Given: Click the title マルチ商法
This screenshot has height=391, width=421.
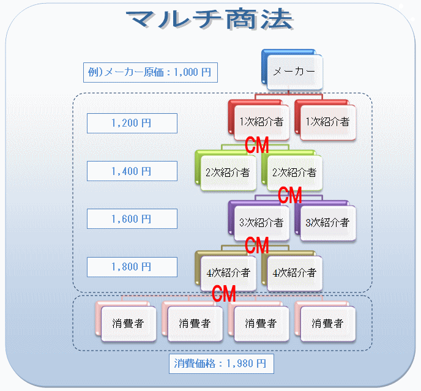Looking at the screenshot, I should (210, 20).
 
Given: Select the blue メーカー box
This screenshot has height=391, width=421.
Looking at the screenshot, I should (294, 72).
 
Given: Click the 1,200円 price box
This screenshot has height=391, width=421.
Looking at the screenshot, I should (132, 123).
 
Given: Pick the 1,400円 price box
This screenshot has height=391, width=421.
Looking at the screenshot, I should (132, 171).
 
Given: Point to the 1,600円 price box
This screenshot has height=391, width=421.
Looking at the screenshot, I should (132, 219).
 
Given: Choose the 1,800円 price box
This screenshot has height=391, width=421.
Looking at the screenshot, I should (132, 267).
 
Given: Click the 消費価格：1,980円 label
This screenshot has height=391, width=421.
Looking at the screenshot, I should (220, 363).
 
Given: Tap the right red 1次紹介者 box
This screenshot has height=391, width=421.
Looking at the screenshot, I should (327, 122).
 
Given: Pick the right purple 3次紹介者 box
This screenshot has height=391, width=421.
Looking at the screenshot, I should (327, 222).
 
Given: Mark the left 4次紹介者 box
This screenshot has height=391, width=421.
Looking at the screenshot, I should (227, 272).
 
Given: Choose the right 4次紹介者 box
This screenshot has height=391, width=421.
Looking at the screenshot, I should (294, 272).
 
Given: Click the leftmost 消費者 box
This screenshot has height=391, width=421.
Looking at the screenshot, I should (127, 322).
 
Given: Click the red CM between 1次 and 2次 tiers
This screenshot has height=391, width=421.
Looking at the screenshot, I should (257, 146).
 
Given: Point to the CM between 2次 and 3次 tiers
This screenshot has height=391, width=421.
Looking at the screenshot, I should (290, 196).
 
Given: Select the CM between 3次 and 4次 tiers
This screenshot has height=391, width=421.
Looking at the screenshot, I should (257, 245).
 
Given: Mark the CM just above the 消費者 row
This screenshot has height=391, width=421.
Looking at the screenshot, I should (224, 294).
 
